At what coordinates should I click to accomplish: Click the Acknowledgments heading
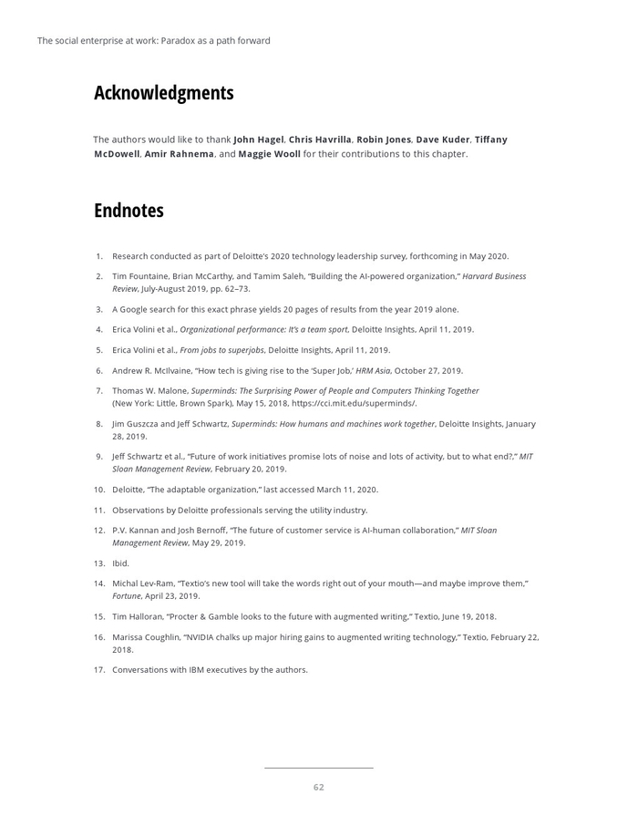164,93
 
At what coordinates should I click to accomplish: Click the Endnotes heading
129,211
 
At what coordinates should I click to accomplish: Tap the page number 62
318,787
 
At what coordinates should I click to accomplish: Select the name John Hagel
259,139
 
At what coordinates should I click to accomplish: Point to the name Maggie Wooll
269,154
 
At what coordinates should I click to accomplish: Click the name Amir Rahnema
179,154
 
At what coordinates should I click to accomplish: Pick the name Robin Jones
384,139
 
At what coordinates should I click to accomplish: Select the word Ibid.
120,563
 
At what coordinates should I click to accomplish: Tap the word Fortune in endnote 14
127,596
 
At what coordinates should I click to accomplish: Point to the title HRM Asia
374,371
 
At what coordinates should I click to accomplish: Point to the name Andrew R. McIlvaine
151,371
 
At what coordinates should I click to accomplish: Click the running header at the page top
153,40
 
